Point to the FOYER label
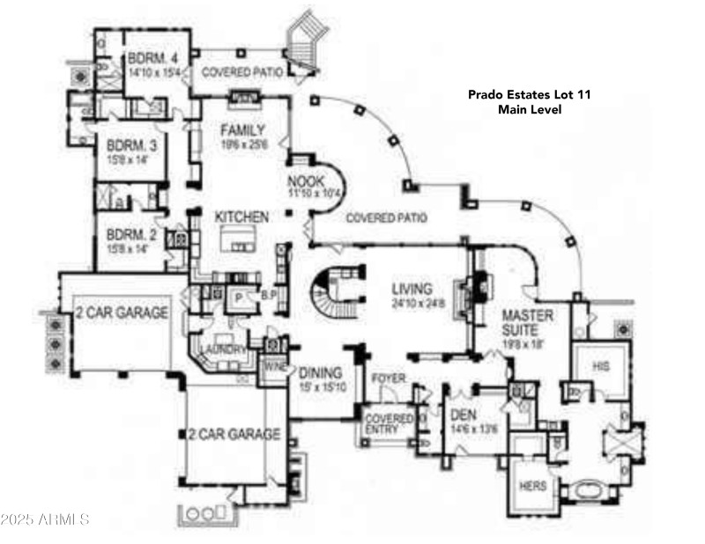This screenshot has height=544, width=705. coord(388,379)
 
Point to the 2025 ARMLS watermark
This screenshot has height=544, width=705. coord(45,519)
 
